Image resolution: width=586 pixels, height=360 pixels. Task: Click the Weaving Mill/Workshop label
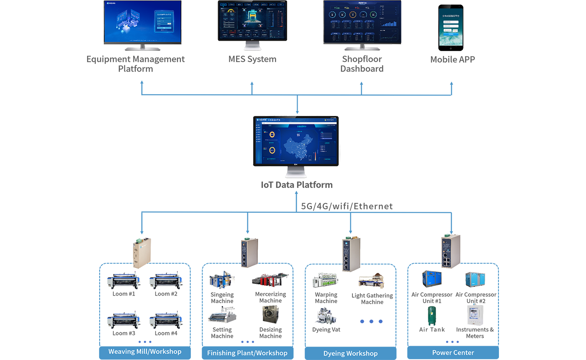pyautogui.click(x=145, y=351)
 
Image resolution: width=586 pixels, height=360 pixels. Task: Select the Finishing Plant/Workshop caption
pyautogui.click(x=247, y=353)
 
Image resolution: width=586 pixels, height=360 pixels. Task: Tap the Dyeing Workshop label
pyautogui.click(x=350, y=353)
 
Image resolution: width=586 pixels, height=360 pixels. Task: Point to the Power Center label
pyautogui.click(x=453, y=352)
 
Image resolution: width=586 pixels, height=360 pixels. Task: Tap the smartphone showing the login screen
pyautogui.click(x=451, y=27)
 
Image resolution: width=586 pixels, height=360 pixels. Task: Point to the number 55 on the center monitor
pyautogui.click(x=298, y=135)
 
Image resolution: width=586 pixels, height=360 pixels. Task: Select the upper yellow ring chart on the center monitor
pyautogui.click(x=272, y=134)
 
